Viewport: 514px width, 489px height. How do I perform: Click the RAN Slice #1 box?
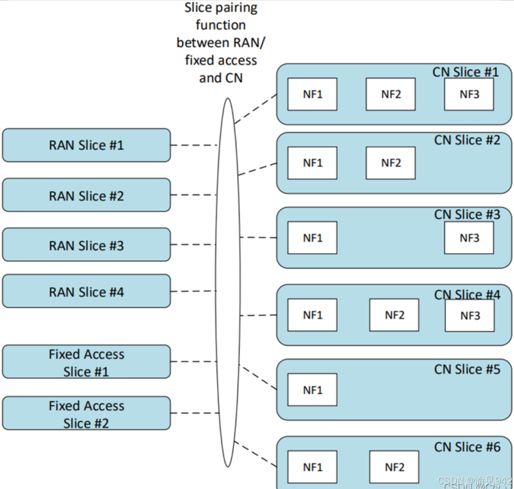pyautogui.click(x=86, y=145)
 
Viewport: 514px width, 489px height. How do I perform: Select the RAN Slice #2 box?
pyautogui.click(x=86, y=195)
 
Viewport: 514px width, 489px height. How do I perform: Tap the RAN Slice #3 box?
pyautogui.click(x=86, y=245)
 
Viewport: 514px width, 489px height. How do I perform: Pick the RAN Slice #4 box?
pyautogui.click(x=86, y=291)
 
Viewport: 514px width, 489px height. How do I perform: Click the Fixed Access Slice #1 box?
pyautogui.click(x=86, y=362)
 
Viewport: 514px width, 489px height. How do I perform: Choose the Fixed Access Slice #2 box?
pyautogui.click(x=86, y=413)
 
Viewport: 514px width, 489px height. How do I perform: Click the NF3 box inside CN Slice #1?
pyautogui.click(x=469, y=94)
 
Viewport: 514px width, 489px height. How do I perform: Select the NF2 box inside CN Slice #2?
pyautogui.click(x=391, y=163)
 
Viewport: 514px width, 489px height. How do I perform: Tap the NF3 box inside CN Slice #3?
pyautogui.click(x=469, y=238)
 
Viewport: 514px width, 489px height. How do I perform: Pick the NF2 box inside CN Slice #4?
pyautogui.click(x=394, y=315)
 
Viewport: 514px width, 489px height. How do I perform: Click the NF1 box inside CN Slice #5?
pyautogui.click(x=313, y=390)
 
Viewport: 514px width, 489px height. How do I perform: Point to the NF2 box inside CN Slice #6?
pyautogui.click(x=394, y=467)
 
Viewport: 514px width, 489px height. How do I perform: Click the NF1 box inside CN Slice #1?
pyautogui.click(x=313, y=94)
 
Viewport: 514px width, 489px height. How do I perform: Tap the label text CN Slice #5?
pyautogui.click(x=467, y=369)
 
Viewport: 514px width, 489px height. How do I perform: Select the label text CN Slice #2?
pyautogui.click(x=467, y=140)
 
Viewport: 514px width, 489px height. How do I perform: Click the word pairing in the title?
pyautogui.click(x=238, y=8)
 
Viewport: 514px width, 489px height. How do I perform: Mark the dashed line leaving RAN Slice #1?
pyautogui.click(x=193, y=145)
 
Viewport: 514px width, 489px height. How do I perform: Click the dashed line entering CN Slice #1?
pyautogui.click(x=256, y=109)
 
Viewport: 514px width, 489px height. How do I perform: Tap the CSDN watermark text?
pyautogui.click(x=474, y=481)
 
